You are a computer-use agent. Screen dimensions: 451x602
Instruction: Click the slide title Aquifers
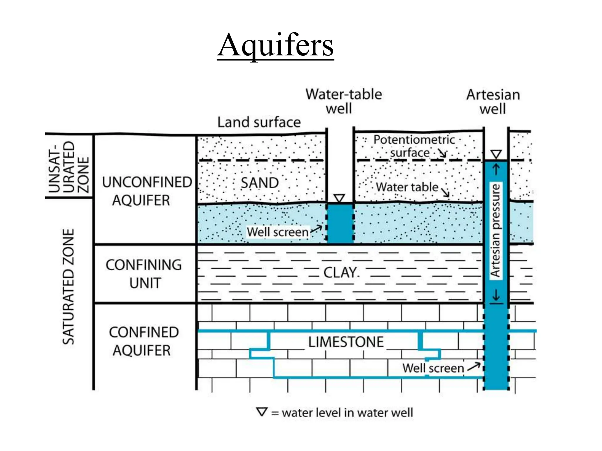275,46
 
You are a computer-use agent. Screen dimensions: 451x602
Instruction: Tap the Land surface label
259,122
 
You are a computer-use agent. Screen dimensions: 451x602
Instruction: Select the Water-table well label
343,101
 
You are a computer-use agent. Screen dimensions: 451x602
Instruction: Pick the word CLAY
340,273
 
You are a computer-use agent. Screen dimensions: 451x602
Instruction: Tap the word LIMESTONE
346,342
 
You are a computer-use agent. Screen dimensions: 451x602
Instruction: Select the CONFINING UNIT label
144,274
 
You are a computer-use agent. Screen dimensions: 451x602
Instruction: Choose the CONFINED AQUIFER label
143,341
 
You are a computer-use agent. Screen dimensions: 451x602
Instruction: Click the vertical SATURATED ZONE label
68,287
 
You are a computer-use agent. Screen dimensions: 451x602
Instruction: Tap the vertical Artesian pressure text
496,230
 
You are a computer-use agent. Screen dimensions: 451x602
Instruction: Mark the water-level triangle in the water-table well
339,198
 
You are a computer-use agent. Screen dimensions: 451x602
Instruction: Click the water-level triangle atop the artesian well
496,154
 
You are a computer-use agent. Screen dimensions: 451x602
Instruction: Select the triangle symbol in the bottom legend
262,412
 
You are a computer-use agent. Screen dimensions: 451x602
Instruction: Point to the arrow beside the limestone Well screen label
474,366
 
